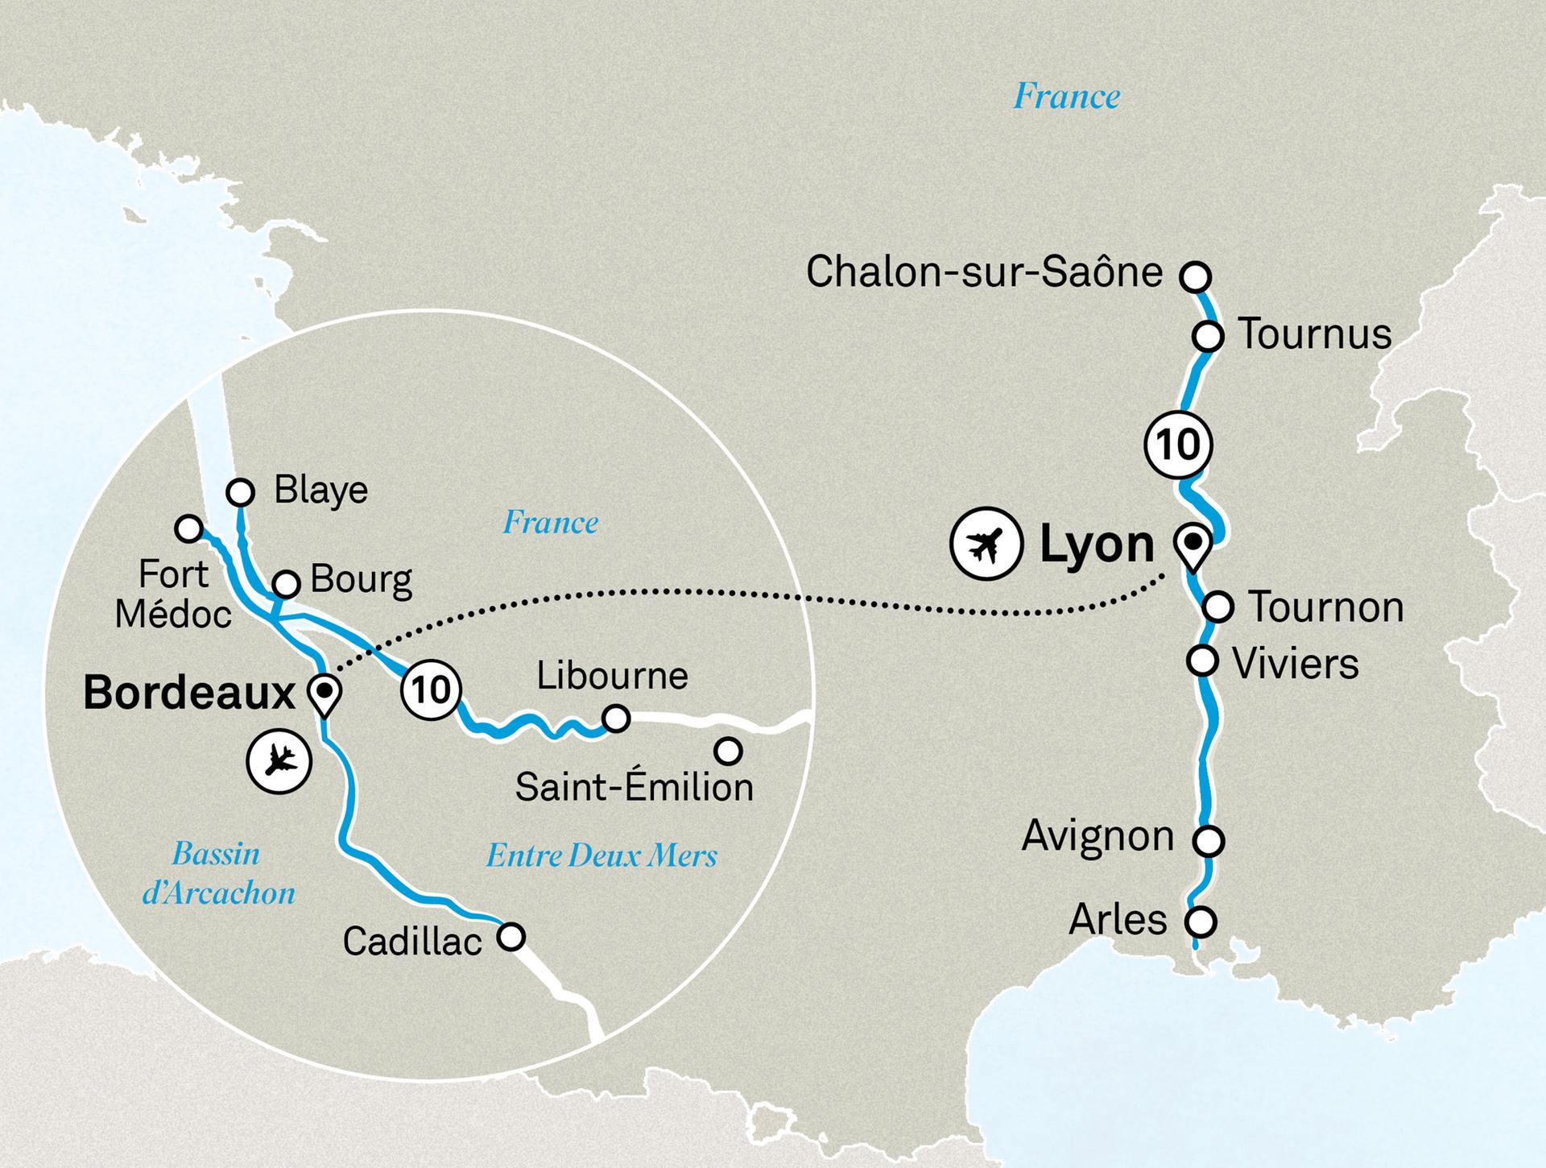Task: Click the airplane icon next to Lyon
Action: click(x=986, y=543)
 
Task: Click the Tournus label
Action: click(x=1314, y=334)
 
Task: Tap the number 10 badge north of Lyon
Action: click(x=1178, y=445)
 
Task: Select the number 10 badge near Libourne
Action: click(x=431, y=690)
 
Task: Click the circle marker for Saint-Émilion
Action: click(x=728, y=752)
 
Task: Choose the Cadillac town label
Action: click(x=412, y=941)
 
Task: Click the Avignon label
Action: click(x=1097, y=837)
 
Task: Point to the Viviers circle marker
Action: click(x=1202, y=661)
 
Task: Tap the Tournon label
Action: click(x=1325, y=607)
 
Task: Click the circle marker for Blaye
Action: click(x=240, y=491)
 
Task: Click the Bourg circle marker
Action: click(x=287, y=583)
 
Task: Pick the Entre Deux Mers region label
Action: click(x=601, y=855)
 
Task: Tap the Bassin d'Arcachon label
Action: click(x=218, y=873)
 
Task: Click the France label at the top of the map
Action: click(x=1066, y=97)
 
